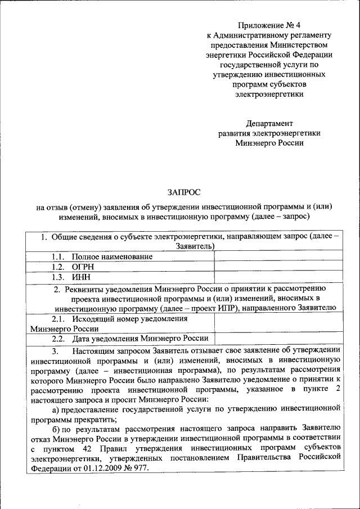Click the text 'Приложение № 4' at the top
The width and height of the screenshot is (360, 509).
[x=269, y=25]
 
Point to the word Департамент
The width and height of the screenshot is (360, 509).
[x=269, y=123]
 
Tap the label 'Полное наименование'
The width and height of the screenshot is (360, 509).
[x=112, y=256]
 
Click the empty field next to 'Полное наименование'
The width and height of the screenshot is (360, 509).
[x=278, y=256]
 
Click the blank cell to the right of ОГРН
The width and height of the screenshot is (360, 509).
[x=278, y=267]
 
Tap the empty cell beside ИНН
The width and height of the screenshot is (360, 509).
[x=278, y=277]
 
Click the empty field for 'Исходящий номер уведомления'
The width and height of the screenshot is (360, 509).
[x=278, y=323]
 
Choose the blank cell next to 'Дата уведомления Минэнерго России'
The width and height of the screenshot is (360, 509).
[x=278, y=339]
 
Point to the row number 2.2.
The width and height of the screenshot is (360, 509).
[x=60, y=339]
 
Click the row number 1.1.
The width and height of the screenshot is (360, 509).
[x=60, y=256]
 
